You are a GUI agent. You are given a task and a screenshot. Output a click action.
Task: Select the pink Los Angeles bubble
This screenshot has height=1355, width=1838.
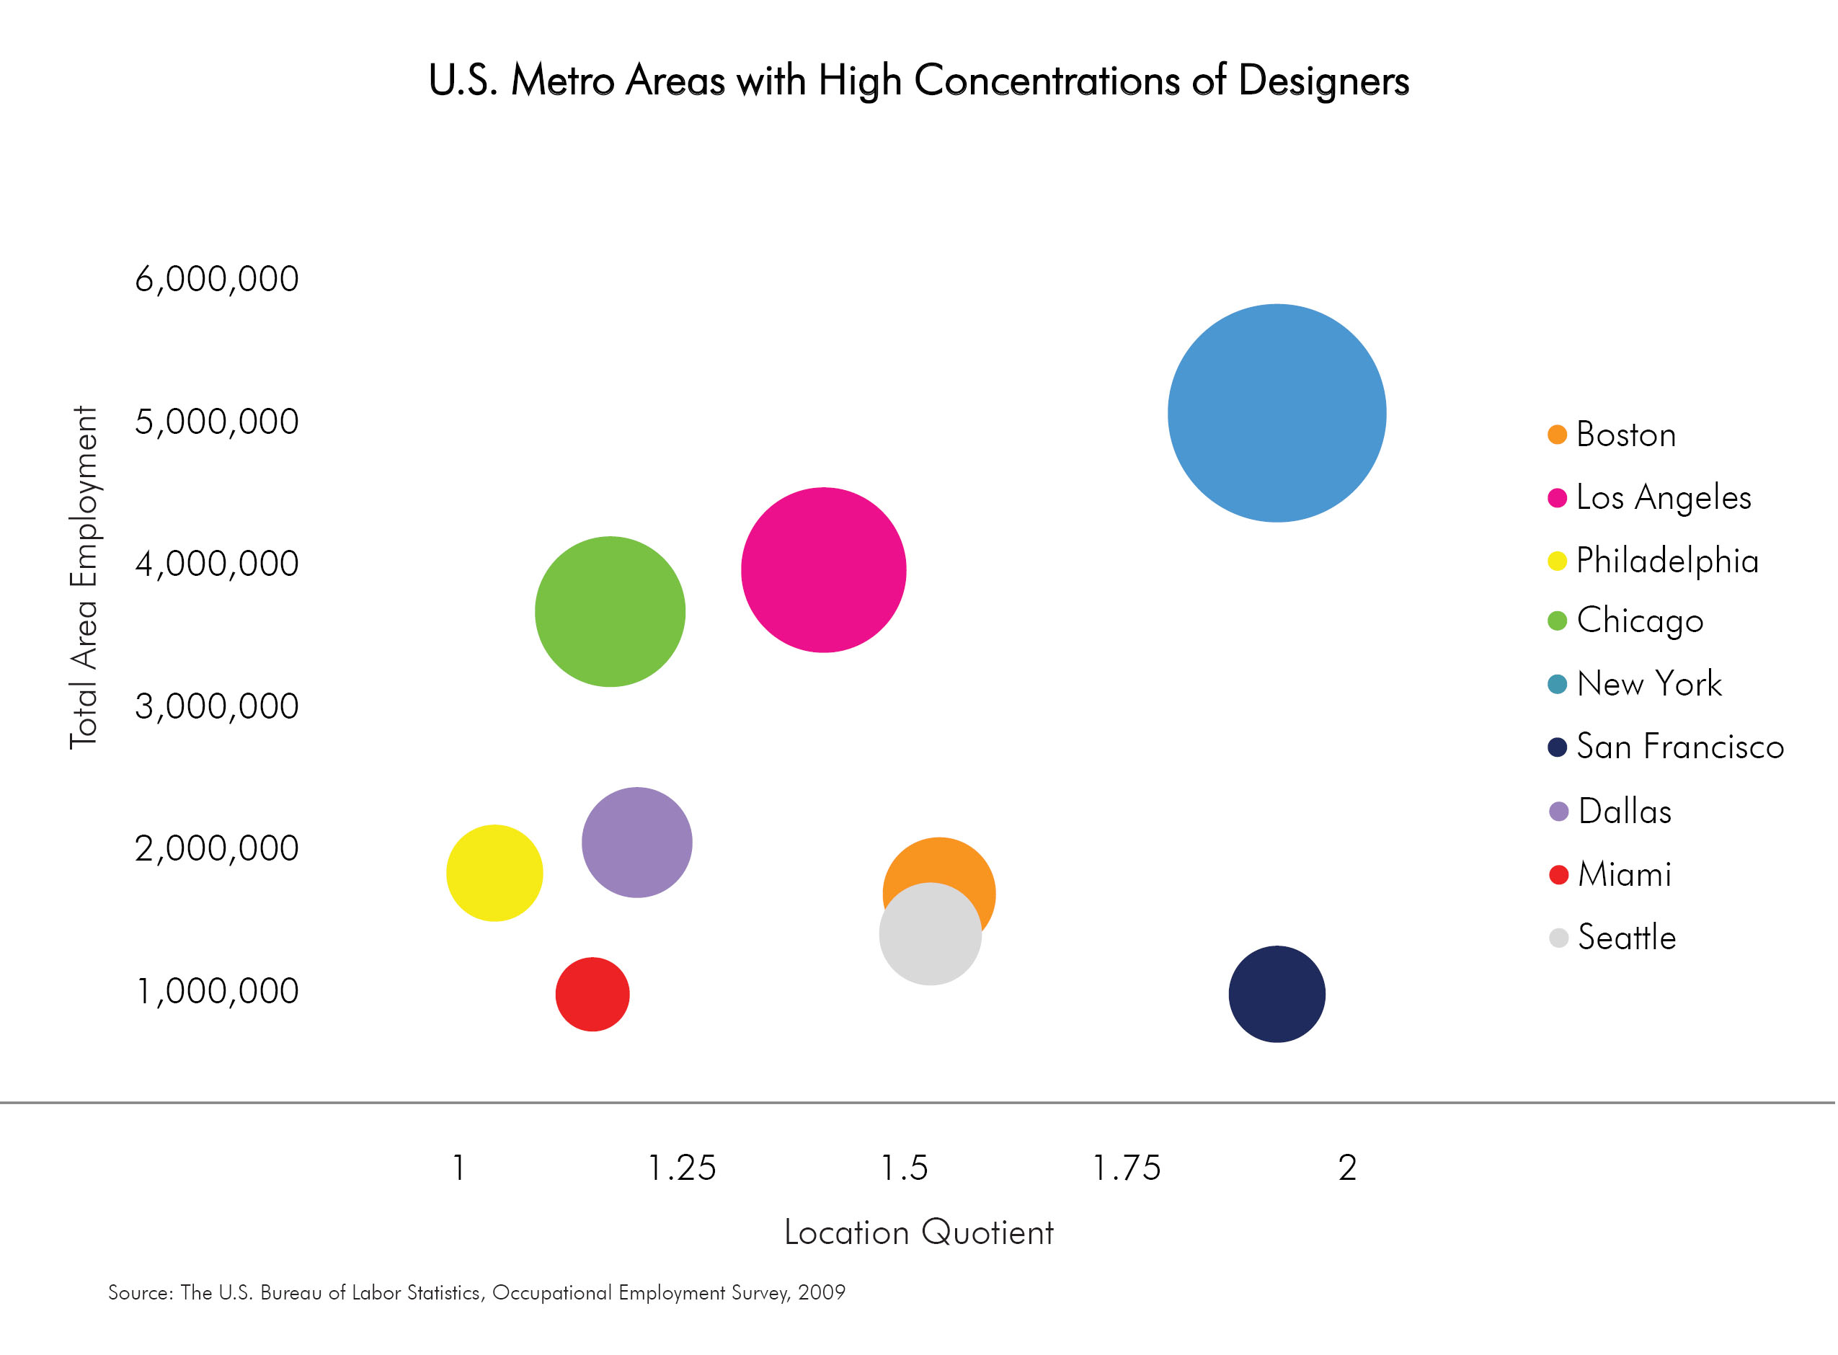click(x=822, y=569)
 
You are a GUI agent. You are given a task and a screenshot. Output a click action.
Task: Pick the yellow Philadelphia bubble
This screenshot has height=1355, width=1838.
click(x=494, y=872)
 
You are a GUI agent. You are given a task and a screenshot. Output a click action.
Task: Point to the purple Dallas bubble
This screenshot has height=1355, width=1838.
click(x=636, y=842)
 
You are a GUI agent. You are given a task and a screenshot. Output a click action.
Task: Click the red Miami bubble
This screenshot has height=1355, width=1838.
click(x=592, y=993)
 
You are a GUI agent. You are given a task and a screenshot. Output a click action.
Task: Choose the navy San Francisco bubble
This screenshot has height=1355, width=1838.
click(x=1277, y=993)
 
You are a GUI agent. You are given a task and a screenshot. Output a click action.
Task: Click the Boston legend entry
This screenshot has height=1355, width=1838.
click(x=1625, y=434)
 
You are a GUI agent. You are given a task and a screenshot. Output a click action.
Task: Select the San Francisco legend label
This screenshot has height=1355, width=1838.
click(x=1679, y=747)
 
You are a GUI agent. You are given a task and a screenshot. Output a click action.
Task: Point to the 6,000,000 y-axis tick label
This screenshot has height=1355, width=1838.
click(x=216, y=279)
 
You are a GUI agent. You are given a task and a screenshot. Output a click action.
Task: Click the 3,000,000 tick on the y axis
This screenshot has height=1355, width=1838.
click(x=216, y=706)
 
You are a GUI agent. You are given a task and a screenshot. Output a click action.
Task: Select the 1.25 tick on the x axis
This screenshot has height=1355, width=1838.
click(x=682, y=1167)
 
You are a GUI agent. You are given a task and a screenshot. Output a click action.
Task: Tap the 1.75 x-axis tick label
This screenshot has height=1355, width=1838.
click(x=1126, y=1167)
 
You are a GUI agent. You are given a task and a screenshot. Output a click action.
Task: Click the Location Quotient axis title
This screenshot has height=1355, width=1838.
click(x=918, y=1232)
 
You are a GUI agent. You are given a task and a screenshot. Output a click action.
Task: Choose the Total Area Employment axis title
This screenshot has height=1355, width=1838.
click(x=84, y=577)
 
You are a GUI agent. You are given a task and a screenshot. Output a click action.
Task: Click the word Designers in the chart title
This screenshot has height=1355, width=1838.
click(x=1323, y=81)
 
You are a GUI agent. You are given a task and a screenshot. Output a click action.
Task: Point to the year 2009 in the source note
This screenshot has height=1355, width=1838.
click(x=821, y=1293)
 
